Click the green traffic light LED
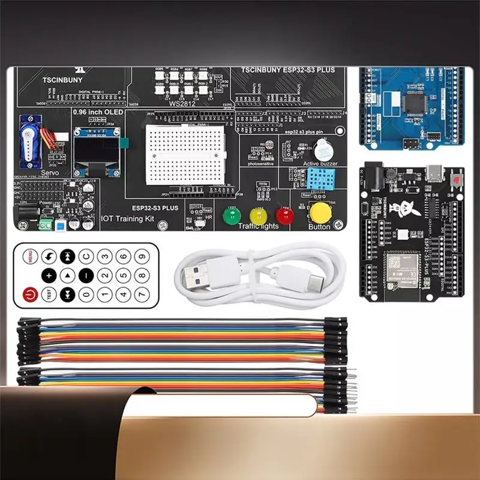(x=230, y=215)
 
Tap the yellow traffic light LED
(x=258, y=215)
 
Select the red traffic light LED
(x=284, y=215)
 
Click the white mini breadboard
(x=185, y=154)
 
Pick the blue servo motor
(x=28, y=142)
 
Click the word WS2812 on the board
(x=182, y=104)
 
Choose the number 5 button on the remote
(x=124, y=275)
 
